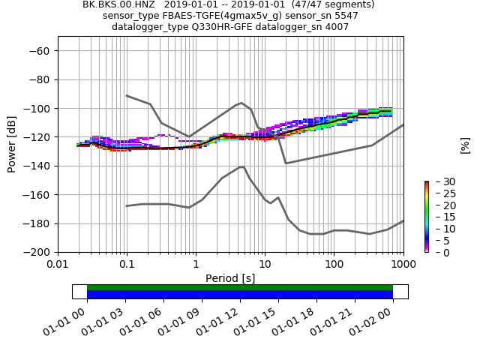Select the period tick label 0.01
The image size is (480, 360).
[x=58, y=264]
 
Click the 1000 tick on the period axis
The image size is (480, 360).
[x=403, y=264]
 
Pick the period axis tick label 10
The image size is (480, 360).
[x=265, y=264]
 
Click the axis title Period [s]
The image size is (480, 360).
[x=230, y=278]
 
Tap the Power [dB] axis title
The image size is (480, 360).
[x=12, y=144]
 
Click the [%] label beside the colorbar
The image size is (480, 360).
[x=465, y=145]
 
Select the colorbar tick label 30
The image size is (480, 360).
[x=439, y=181]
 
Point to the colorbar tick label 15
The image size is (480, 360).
[x=439, y=217]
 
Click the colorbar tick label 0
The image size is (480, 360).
[x=436, y=253]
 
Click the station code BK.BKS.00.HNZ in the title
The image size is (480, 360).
[x=113, y=4]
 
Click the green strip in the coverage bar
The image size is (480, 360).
[x=240, y=287]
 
